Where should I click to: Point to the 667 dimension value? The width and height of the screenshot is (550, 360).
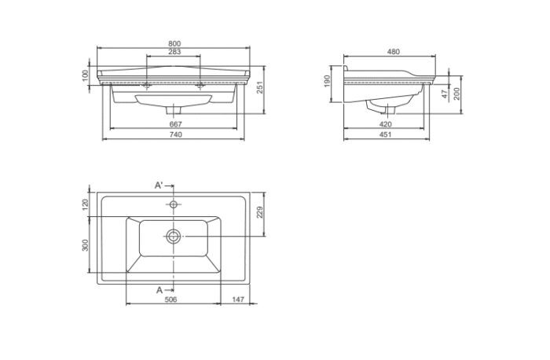(x=175, y=124)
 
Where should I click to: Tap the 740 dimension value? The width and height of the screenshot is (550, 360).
(x=175, y=135)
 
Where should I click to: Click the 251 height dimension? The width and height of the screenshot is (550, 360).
(x=258, y=86)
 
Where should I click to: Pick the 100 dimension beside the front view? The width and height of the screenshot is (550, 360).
(x=85, y=75)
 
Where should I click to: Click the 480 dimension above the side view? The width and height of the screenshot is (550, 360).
(x=393, y=52)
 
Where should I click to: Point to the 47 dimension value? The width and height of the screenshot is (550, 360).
(x=445, y=93)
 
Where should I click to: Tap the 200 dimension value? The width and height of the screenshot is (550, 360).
(x=456, y=93)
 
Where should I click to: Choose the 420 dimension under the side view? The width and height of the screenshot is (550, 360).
(x=385, y=124)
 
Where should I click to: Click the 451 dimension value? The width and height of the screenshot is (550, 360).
(x=385, y=135)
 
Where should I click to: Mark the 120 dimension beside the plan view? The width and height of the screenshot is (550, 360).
(x=85, y=204)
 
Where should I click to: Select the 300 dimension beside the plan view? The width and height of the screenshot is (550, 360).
(x=85, y=245)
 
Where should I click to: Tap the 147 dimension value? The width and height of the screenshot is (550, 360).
(x=236, y=299)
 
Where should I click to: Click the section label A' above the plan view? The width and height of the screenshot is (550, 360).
(x=159, y=185)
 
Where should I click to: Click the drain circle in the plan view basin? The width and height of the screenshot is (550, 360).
(x=173, y=235)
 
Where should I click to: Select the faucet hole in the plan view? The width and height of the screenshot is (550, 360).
(x=174, y=204)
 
